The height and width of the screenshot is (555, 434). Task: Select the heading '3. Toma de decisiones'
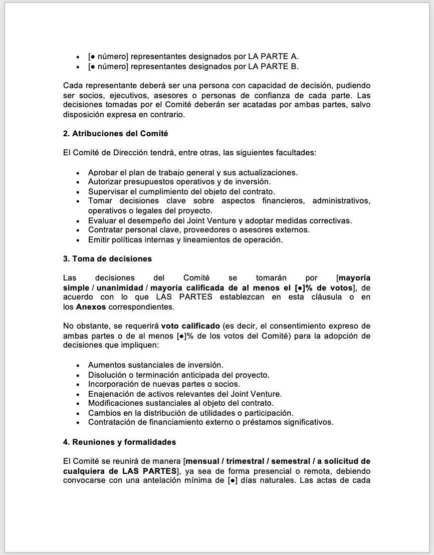[107, 258]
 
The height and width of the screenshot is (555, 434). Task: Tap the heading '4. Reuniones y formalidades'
[119, 442]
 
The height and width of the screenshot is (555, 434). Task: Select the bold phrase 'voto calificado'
[190, 326]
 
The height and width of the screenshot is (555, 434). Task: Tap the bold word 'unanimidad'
[119, 288]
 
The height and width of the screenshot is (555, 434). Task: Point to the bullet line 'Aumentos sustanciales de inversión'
[155, 365]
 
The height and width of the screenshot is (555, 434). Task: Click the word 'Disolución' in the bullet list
[107, 375]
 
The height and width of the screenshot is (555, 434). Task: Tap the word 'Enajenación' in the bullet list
[110, 394]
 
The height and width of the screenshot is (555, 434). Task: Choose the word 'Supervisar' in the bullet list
[106, 191]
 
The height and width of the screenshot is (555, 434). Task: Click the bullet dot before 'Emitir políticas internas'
[78, 240]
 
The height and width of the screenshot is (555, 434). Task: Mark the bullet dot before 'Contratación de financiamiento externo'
[78, 422]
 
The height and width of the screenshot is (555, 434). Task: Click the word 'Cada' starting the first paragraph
[72, 86]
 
